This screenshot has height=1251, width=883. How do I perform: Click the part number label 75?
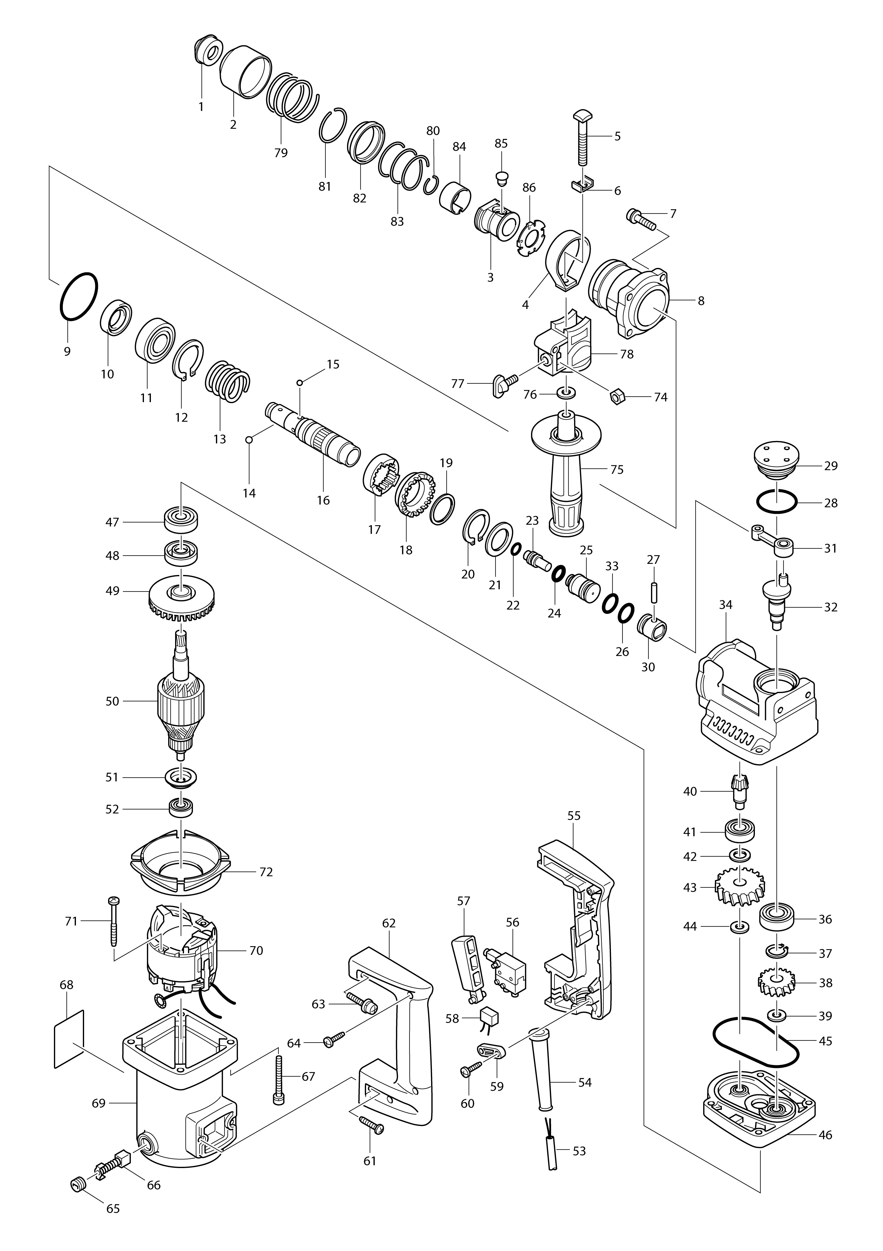617,469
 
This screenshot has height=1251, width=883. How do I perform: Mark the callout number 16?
323,500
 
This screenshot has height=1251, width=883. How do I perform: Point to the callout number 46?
825,1135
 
